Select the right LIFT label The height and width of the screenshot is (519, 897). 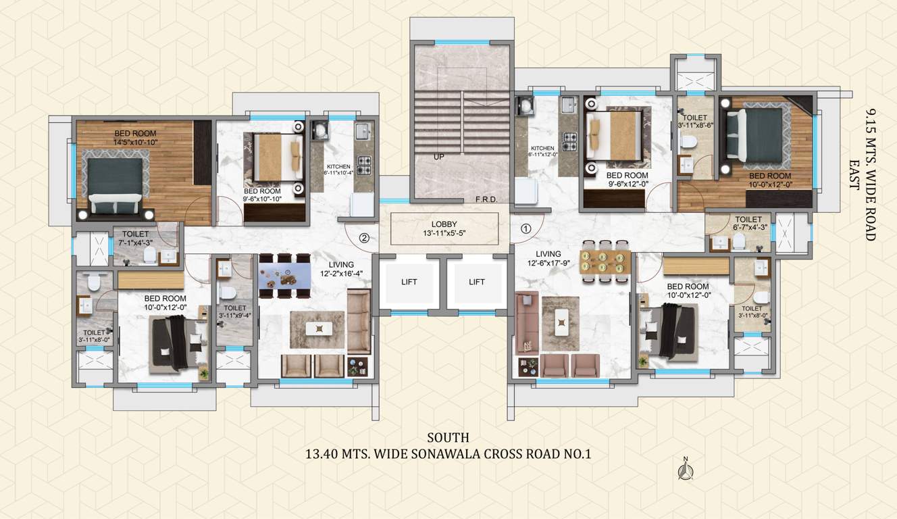click(x=477, y=282)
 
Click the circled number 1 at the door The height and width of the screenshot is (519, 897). click(x=526, y=229)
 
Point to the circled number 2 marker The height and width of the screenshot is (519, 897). click(x=363, y=237)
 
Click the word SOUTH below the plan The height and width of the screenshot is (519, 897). click(x=448, y=438)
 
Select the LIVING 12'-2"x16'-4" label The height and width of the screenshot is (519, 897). click(x=341, y=269)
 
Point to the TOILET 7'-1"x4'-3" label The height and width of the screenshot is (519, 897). click(x=135, y=238)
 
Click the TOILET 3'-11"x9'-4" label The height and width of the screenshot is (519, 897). click(x=235, y=312)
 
